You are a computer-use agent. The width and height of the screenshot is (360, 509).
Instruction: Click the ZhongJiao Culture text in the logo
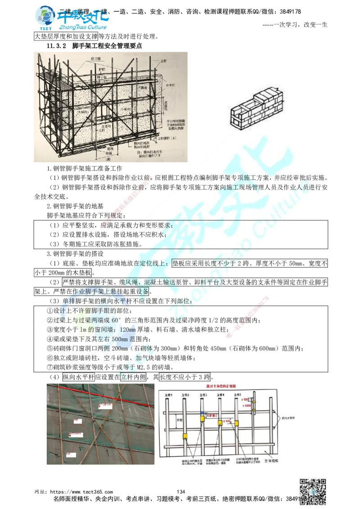click(x=86, y=28)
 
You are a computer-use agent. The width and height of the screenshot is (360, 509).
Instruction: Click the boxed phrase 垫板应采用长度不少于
click(x=207, y=263)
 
